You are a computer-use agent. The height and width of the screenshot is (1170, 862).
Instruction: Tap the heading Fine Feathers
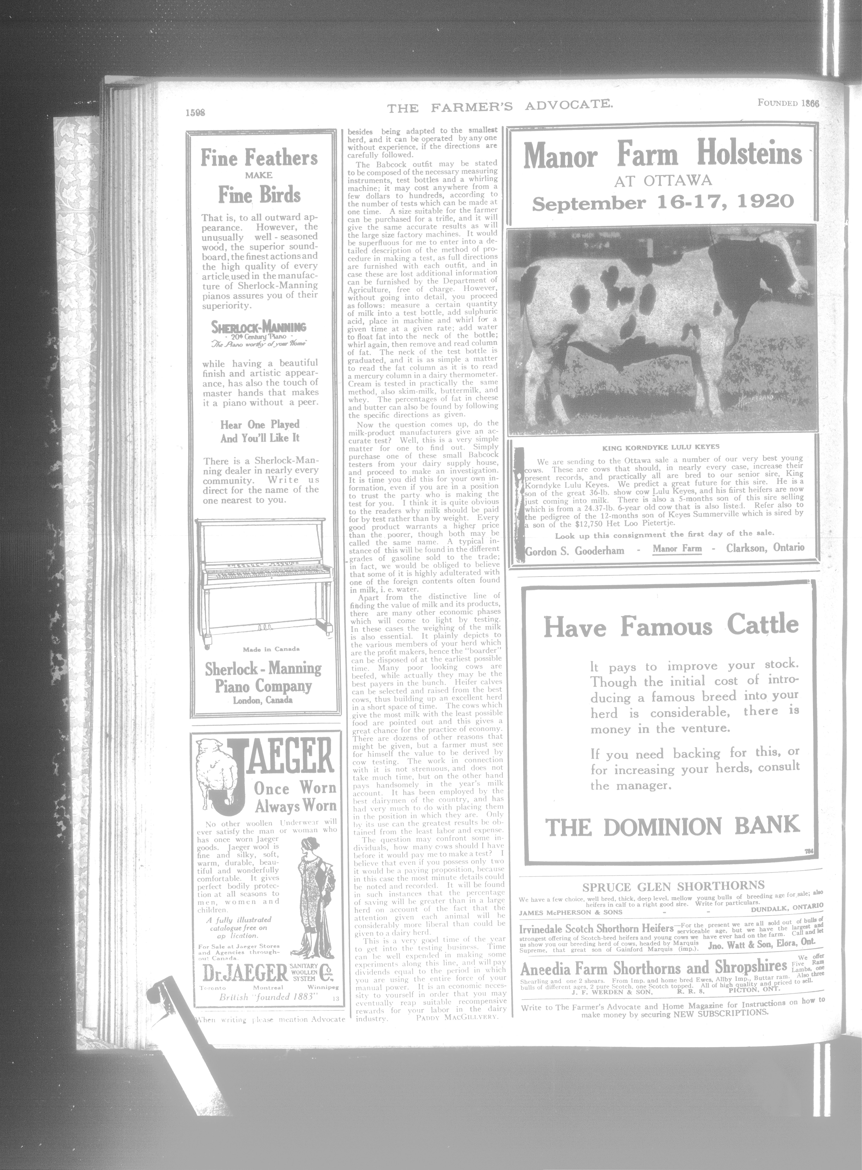[x=259, y=158]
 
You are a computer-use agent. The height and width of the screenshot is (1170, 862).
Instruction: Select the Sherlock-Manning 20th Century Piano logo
[x=259, y=332]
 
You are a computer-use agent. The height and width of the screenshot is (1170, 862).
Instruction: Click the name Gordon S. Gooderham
[x=575, y=550]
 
